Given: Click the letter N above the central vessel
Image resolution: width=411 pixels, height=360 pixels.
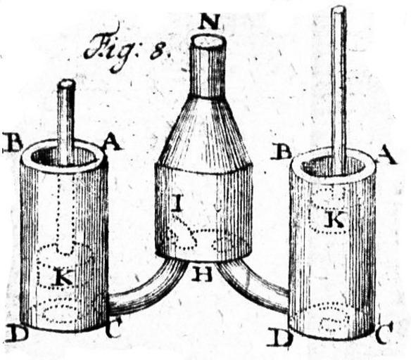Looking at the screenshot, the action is point(208,21).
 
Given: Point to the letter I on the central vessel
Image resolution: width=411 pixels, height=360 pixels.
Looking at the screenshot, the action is point(179,204).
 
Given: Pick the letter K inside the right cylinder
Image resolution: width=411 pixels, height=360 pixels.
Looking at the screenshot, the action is point(335,219).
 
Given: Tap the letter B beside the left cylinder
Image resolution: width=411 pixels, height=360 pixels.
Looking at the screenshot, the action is point(12,142).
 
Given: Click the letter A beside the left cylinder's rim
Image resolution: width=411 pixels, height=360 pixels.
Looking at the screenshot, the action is point(112,143).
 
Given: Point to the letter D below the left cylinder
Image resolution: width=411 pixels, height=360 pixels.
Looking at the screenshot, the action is point(15,335).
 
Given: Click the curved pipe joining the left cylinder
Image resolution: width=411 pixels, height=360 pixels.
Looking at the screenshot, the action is point(147,290).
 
